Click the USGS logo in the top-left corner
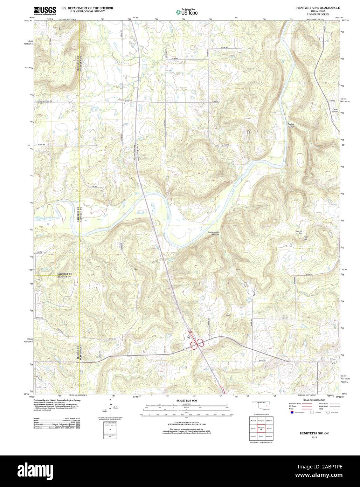pos(44,10)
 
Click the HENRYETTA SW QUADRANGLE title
pos(318,7)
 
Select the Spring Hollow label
pos(291,125)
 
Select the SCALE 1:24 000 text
pos(187,400)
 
